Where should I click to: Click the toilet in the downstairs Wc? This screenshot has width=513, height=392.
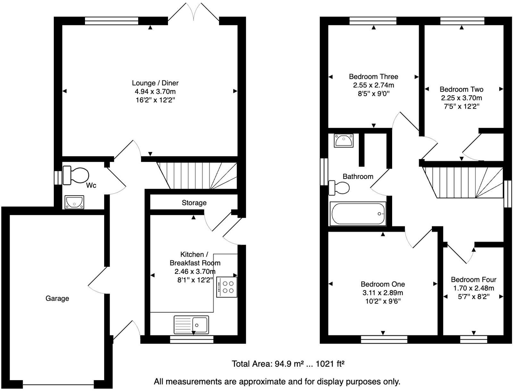click(x=76, y=175)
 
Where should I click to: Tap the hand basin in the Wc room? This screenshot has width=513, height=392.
click(x=74, y=202)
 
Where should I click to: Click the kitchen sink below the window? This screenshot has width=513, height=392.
click(x=191, y=325)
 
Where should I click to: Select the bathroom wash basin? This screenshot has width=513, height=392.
click(x=343, y=140)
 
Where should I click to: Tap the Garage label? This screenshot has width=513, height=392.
click(x=57, y=298)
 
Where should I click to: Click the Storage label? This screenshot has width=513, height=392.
click(x=194, y=203)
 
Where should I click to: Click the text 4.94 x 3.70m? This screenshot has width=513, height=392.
click(x=155, y=92)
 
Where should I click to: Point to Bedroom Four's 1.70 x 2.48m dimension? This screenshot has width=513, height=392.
click(x=474, y=288)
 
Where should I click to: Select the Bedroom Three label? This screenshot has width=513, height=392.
click(x=374, y=77)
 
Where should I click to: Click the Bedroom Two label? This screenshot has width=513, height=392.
click(x=461, y=89)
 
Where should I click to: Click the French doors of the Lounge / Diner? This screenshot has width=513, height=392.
click(x=194, y=13)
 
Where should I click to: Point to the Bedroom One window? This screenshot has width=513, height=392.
click(x=384, y=339)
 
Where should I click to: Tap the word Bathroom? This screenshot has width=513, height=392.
click(x=358, y=176)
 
